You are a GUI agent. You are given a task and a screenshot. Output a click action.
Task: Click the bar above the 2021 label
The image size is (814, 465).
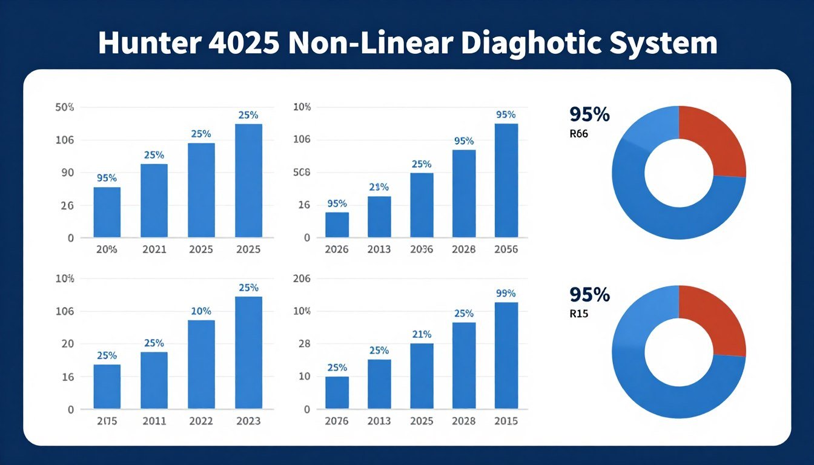pyautogui.click(x=154, y=200)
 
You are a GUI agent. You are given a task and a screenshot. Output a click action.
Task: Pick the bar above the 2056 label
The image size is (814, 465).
pyautogui.click(x=506, y=180)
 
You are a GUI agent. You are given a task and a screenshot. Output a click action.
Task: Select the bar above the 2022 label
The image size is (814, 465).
pyautogui.click(x=201, y=364)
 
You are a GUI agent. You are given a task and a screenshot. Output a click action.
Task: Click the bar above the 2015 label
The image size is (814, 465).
pyautogui.click(x=506, y=355)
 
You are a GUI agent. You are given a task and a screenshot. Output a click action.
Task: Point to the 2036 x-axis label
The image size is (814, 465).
pyautogui.click(x=421, y=249)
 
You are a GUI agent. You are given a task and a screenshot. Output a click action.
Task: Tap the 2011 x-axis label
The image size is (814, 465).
pyautogui.click(x=154, y=421)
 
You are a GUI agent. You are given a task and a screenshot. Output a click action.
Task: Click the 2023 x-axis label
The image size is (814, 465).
pyautogui.click(x=248, y=421)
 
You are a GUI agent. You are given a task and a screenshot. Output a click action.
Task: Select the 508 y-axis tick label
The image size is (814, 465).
pyautogui.click(x=301, y=173)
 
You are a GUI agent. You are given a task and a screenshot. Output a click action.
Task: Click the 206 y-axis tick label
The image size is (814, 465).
pyautogui.click(x=301, y=279)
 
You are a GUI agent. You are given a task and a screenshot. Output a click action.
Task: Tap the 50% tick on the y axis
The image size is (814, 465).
pyautogui.click(x=64, y=107)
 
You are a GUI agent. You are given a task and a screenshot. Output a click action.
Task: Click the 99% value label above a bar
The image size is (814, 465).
pyautogui.click(x=506, y=294)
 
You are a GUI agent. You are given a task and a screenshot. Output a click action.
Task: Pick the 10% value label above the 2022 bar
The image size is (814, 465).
pyautogui.click(x=201, y=311)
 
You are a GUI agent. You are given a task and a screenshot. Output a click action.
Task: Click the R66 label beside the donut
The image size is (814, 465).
pyautogui.click(x=579, y=134)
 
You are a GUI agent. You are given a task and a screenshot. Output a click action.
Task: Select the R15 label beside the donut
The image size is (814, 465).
pyautogui.click(x=579, y=314)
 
